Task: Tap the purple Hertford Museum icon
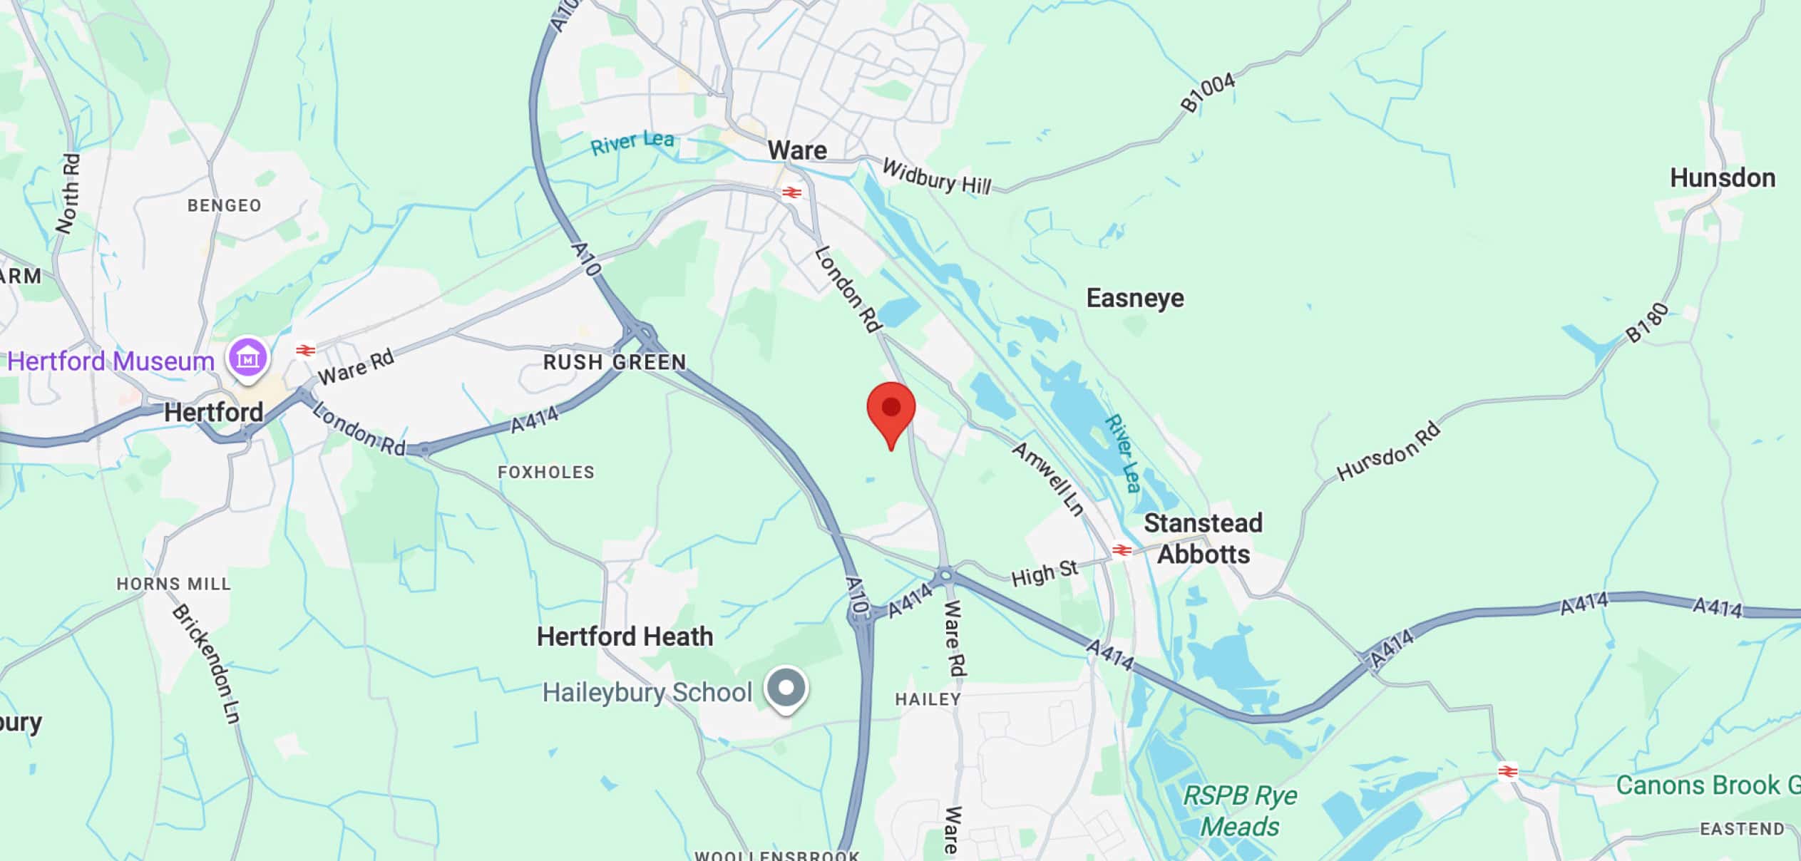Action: click(247, 358)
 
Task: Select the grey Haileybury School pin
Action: click(786, 689)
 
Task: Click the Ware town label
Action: click(797, 150)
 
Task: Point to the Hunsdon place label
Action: click(1722, 177)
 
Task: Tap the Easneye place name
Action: click(1134, 298)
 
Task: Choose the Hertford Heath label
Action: click(625, 636)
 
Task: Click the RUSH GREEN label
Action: click(615, 362)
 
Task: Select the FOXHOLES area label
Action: click(545, 472)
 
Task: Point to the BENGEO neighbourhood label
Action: click(224, 205)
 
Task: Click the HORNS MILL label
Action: click(174, 584)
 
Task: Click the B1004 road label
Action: click(1207, 93)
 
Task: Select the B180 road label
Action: click(1647, 323)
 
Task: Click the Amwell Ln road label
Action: click(1048, 478)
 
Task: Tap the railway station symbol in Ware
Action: click(791, 192)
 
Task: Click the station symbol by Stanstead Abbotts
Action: click(1122, 550)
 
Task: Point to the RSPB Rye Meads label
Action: click(1240, 811)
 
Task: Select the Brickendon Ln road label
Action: click(206, 664)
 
